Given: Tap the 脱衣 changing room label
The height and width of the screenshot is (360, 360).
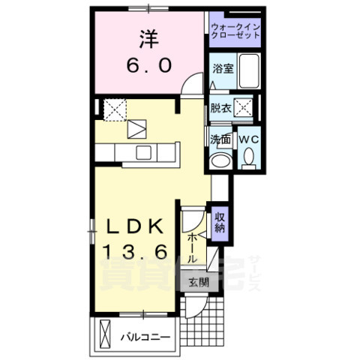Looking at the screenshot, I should click(220, 107).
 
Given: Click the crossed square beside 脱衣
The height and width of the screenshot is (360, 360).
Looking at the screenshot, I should click(243, 106).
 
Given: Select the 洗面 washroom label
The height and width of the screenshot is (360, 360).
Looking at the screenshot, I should click(220, 139).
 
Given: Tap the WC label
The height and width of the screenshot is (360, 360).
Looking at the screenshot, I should click(248, 139).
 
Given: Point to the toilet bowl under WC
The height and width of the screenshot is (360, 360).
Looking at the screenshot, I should click(248, 157).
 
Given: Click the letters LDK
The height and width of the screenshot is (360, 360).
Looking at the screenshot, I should click(139, 226).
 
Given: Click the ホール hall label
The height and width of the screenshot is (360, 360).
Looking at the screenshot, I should click(193, 246).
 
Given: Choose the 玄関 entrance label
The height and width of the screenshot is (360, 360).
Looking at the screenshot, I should click(199, 283).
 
